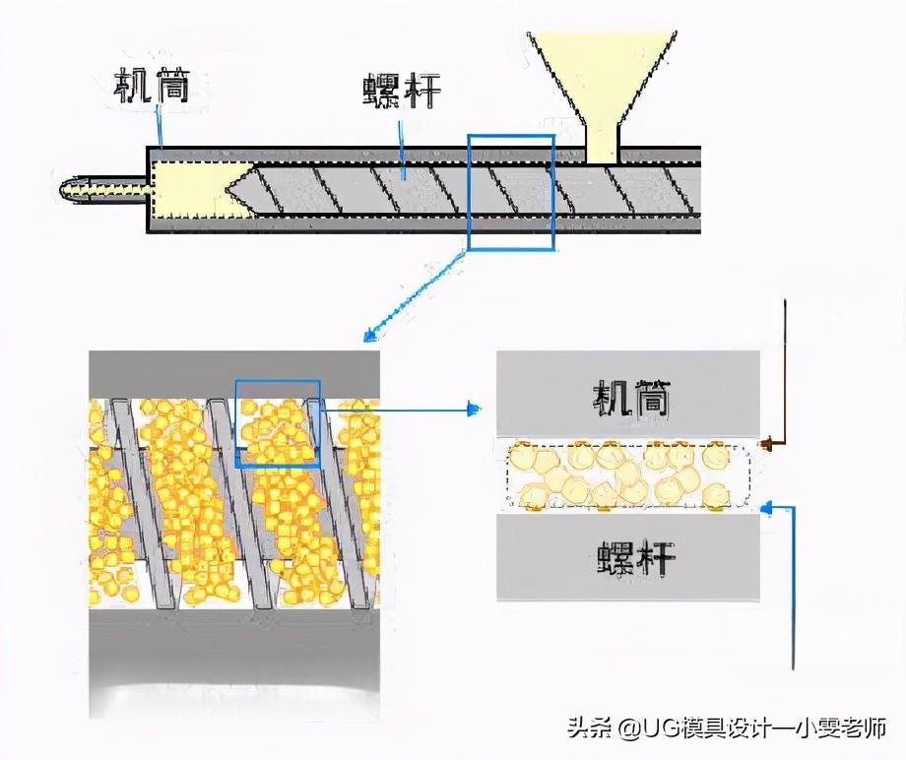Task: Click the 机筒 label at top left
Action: click(152, 88)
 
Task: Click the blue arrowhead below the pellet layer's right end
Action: click(769, 508)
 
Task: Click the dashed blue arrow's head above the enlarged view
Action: click(368, 336)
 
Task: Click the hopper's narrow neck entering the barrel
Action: click(601, 146)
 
